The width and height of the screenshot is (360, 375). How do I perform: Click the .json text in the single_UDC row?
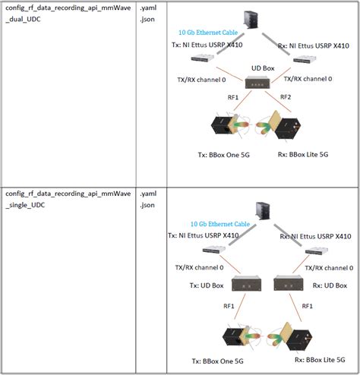(146, 205)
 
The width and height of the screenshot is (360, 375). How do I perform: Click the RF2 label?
(286, 96)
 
